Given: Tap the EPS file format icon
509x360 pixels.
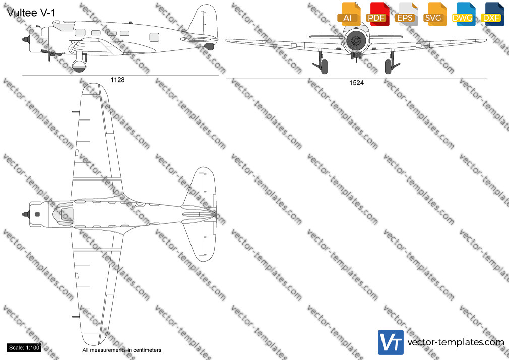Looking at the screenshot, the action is tap(406, 14).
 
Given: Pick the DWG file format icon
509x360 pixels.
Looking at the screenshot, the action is tap(464, 14).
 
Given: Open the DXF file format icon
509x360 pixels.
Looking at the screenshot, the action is tap(492, 14).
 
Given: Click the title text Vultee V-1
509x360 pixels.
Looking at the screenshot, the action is tap(31, 13).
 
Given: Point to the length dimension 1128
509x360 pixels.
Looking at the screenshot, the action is tap(117, 80).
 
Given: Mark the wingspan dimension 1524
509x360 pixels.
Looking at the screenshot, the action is tap(356, 83).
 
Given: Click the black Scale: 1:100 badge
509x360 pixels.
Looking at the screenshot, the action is tap(24, 348).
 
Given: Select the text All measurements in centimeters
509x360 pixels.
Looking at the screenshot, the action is tap(122, 350).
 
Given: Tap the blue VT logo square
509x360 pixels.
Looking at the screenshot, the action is tap(391, 342).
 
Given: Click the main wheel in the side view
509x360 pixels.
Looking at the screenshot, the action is tap(79, 65).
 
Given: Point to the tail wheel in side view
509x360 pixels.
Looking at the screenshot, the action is tap(209, 46).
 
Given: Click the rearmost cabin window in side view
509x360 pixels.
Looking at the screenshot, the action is tap(154, 37).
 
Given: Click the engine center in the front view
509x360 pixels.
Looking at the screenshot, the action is tap(356, 41).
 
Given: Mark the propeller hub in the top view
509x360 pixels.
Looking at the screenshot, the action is tap(26, 214).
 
